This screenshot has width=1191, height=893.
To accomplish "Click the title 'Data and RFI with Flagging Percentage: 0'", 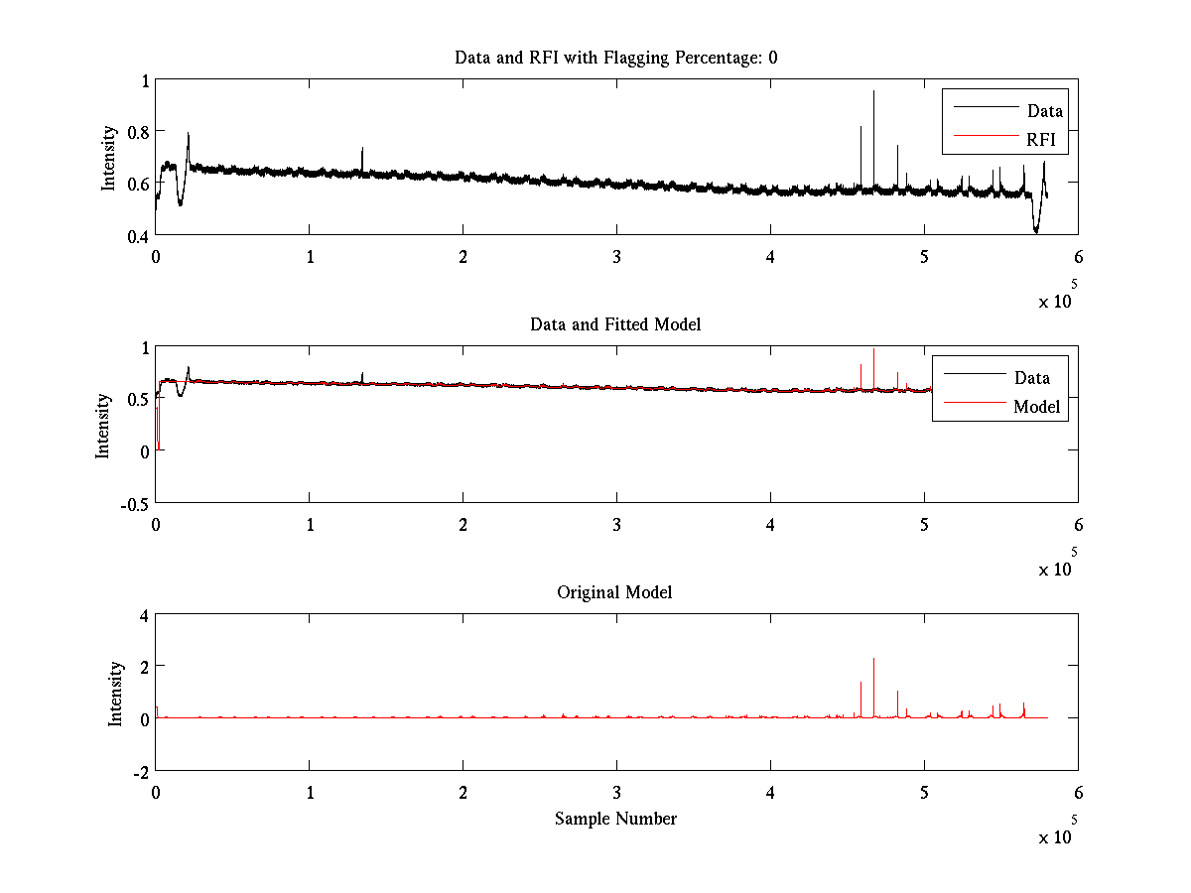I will click(x=615, y=58).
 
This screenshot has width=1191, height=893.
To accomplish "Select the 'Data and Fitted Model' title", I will click(x=615, y=324).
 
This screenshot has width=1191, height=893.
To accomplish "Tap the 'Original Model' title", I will click(x=614, y=592).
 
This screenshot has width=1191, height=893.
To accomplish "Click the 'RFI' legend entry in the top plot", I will click(x=1046, y=141).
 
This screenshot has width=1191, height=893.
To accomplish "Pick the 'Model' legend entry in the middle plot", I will click(x=1036, y=406).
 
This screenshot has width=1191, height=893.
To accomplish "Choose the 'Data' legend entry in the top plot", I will click(x=1044, y=110).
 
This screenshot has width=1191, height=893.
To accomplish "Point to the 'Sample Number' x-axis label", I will click(x=615, y=819).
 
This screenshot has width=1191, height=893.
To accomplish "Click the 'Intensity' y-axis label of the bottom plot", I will click(x=115, y=693).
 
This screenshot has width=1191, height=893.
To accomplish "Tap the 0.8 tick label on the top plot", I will click(x=137, y=132).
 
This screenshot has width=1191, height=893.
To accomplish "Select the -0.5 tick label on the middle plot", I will click(x=133, y=503).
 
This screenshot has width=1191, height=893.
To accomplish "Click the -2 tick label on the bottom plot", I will click(x=139, y=771).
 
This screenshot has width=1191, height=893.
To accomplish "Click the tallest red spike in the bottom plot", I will click(x=873, y=661).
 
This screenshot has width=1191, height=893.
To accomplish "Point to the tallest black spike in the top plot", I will click(x=873, y=93).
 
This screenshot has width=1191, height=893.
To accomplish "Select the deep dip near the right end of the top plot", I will click(x=1036, y=230).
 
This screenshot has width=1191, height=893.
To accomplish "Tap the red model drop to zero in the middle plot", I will click(x=159, y=446).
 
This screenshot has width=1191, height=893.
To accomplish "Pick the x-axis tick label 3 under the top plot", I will click(x=616, y=256).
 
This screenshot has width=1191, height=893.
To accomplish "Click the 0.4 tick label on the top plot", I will click(x=137, y=236).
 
